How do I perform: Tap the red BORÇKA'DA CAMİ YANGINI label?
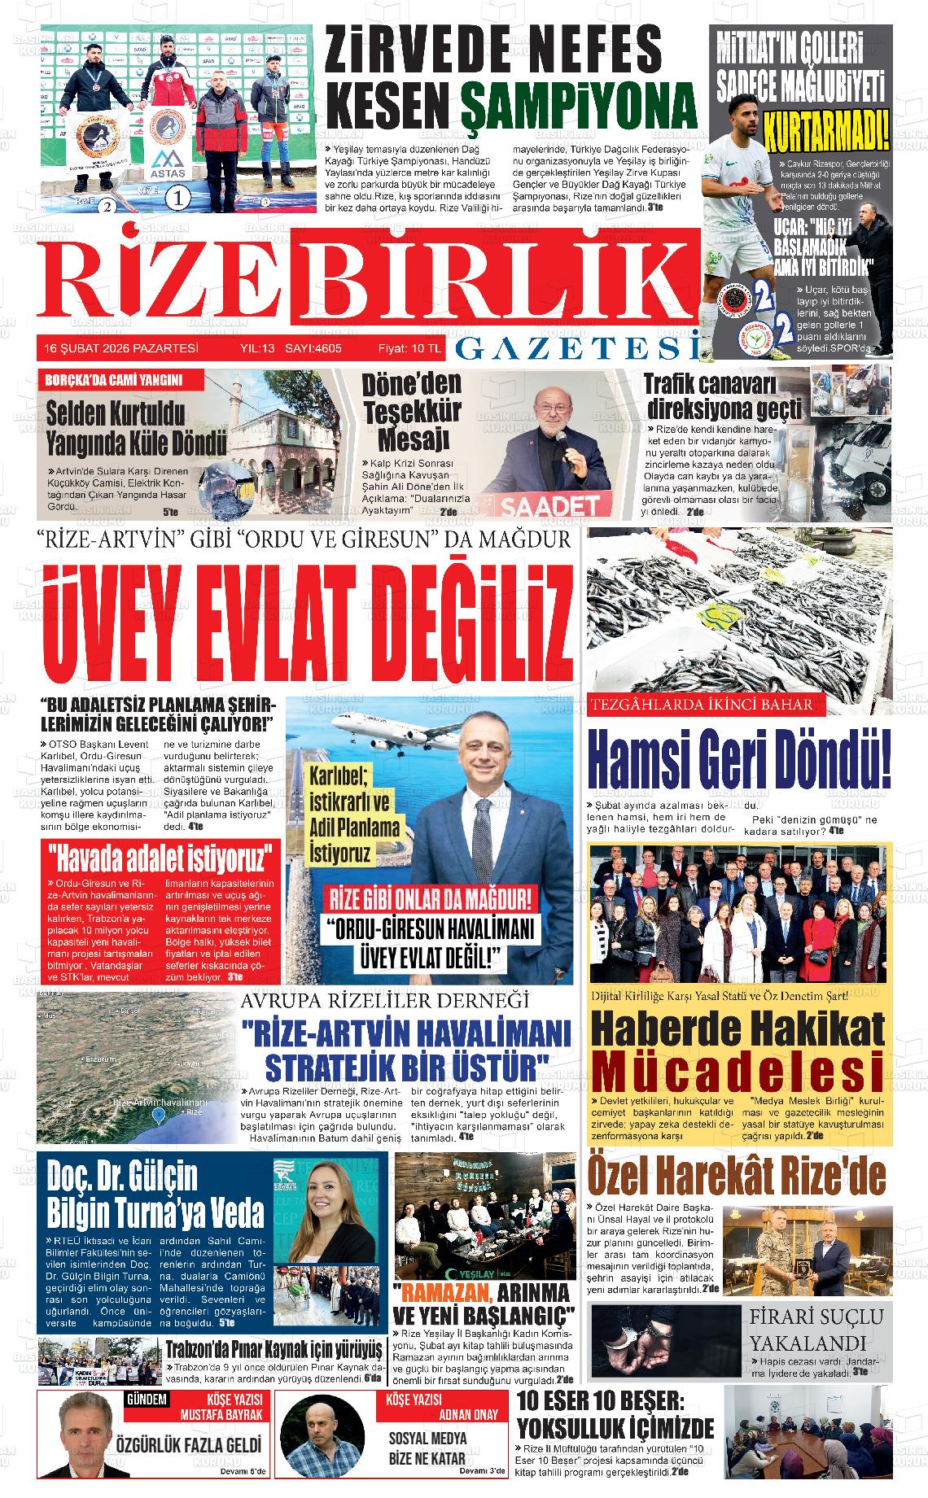pyautogui.click(x=114, y=380)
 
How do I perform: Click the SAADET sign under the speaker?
pyautogui.click(x=536, y=506)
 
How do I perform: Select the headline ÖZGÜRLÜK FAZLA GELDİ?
pyautogui.click(x=189, y=1445)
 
